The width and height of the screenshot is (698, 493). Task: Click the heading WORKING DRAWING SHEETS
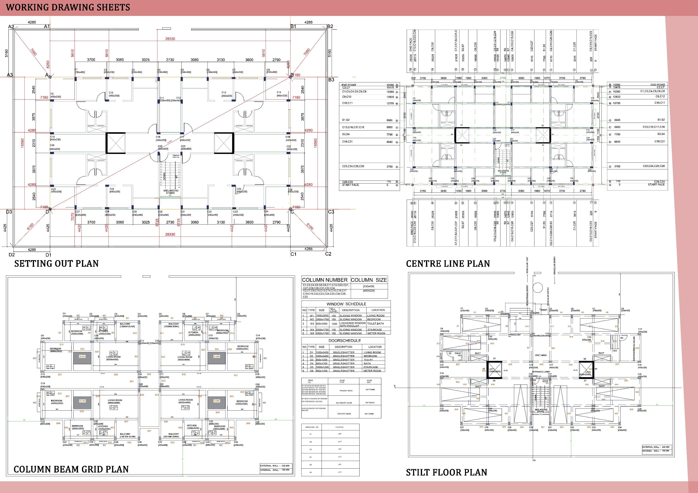click(68, 7)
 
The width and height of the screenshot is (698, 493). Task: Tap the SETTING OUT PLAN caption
click(57, 263)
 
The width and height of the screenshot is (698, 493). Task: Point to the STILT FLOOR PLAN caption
click(446, 472)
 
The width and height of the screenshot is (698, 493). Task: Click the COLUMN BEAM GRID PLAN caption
click(71, 469)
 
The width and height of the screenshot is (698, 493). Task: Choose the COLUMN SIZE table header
click(369, 280)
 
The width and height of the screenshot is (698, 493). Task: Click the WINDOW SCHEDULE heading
click(346, 304)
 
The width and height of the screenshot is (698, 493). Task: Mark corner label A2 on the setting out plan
click(11, 27)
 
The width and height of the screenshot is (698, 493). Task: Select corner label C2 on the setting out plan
click(328, 254)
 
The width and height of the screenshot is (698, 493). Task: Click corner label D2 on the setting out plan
click(12, 255)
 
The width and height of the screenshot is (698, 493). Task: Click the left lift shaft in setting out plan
click(116, 143)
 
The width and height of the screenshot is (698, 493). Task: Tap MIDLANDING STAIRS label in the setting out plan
click(171, 192)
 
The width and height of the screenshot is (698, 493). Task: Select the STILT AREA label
click(541, 355)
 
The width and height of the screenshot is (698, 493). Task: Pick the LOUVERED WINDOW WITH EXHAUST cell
click(352, 324)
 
